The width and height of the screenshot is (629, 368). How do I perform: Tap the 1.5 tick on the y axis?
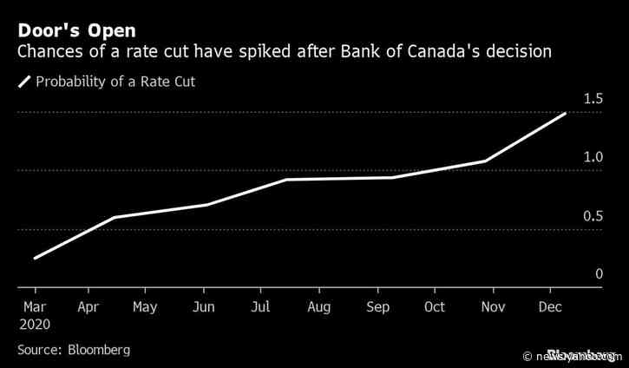[x=593, y=99]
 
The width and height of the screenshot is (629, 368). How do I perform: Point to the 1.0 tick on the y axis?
[x=593, y=157]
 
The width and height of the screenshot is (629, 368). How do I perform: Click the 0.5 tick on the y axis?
[x=593, y=216]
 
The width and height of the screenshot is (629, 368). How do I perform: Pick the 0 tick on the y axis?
[x=599, y=274]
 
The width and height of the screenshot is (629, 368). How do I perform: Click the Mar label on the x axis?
[x=36, y=307]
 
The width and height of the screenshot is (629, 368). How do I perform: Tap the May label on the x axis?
[x=145, y=307]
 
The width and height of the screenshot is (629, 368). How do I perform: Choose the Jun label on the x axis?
[x=202, y=307]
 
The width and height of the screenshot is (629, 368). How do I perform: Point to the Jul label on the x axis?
[x=261, y=307]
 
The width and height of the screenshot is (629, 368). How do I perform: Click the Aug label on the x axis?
[x=318, y=307]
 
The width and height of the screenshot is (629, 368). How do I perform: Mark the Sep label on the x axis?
[x=378, y=307]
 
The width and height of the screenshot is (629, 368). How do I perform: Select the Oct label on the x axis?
[x=435, y=307]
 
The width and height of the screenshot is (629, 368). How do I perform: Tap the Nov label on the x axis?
[x=492, y=307]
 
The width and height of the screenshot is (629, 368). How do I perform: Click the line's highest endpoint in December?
[x=566, y=114]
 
